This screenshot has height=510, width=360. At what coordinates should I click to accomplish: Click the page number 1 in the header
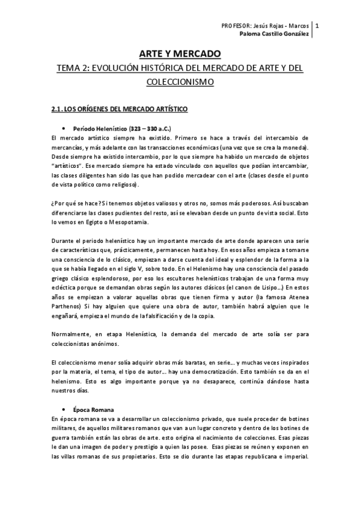point(317,26)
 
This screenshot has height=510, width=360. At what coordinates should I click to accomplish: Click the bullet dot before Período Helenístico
point(63,129)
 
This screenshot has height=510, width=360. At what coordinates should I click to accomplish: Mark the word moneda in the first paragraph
point(293,147)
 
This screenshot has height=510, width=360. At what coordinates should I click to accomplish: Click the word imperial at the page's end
point(292,455)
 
